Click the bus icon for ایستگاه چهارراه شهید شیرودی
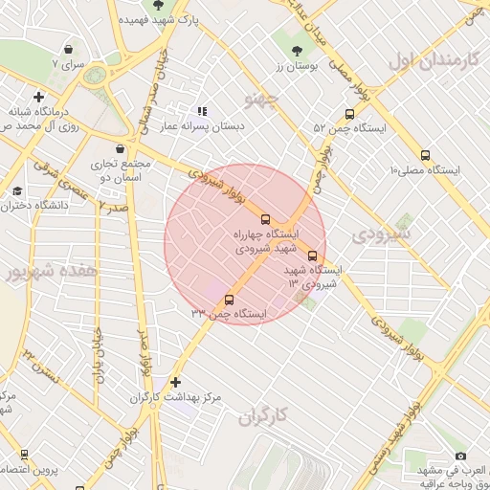click(x=265, y=219)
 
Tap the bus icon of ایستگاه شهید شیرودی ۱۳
click(x=339, y=256)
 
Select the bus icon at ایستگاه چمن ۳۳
click(x=227, y=300)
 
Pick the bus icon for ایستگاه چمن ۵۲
click(x=348, y=114)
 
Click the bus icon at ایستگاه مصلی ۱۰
click(x=425, y=155)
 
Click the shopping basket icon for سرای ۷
click(x=69, y=49)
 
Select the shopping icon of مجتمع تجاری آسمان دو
click(x=120, y=149)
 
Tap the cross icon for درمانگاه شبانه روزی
click(x=38, y=97)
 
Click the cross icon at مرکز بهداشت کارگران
click(x=175, y=382)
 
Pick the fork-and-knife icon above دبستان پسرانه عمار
click(x=202, y=112)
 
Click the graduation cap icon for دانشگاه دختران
click(x=17, y=191)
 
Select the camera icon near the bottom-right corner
click(x=460, y=457)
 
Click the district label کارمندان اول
click(x=433, y=61)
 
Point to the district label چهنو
click(x=260, y=98)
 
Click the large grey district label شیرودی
click(x=380, y=233)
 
